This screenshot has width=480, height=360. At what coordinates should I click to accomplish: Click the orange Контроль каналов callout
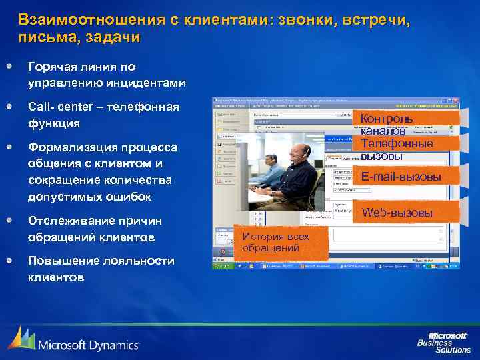[406, 124]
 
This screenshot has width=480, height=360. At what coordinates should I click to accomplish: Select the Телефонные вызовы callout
[406, 149]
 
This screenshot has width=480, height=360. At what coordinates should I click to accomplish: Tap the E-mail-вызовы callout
[406, 176]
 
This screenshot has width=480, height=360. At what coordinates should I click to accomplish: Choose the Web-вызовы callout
[406, 213]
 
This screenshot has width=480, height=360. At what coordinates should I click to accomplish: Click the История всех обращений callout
[281, 243]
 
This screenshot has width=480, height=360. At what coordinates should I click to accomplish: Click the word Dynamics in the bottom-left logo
[113, 345]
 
